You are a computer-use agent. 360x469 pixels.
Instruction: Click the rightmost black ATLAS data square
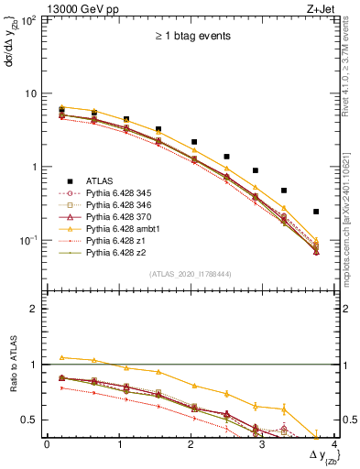pyautogui.click(x=316, y=212)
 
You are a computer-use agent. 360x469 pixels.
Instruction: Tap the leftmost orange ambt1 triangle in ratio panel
pyautogui.click(x=61, y=357)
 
